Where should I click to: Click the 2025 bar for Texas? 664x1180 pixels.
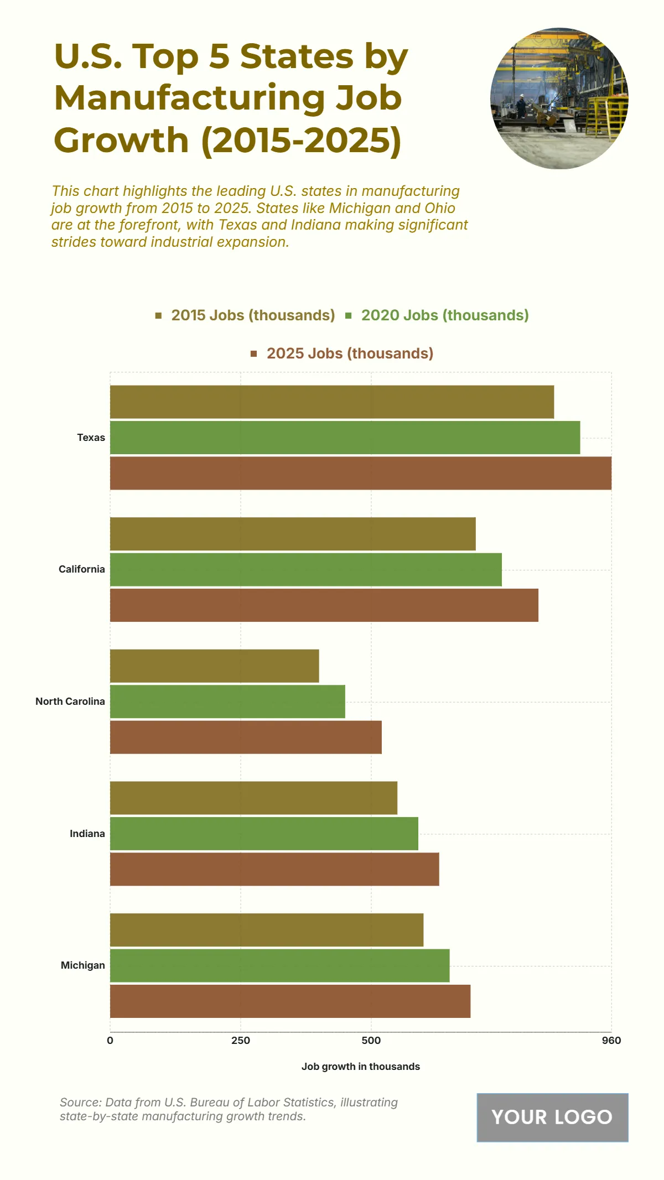click(360, 473)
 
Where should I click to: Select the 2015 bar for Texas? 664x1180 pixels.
click(332, 402)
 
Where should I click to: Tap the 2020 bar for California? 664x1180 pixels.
click(305, 569)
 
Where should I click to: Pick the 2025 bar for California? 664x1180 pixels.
click(324, 605)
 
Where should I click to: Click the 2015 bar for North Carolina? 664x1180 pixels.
click(214, 666)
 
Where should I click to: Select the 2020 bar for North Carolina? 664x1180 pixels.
click(227, 701)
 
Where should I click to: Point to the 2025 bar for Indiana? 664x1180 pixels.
click(274, 869)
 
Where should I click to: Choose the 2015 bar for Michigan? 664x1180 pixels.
click(266, 930)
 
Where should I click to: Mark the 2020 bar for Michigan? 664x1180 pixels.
click(279, 966)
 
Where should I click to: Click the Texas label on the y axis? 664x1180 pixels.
click(91, 438)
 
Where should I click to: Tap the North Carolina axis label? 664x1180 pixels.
click(70, 701)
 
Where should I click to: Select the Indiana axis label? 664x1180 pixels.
click(87, 834)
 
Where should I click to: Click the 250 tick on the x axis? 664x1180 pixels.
click(241, 1041)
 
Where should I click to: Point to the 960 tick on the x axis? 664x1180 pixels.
click(611, 1041)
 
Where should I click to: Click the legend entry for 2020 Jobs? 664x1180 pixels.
click(437, 315)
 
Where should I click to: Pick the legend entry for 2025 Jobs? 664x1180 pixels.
click(343, 354)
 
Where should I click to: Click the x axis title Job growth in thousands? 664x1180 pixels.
click(360, 1067)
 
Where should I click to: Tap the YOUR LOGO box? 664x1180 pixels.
click(552, 1117)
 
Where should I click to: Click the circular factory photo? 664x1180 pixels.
click(559, 98)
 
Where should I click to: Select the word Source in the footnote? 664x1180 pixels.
click(80, 1103)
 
